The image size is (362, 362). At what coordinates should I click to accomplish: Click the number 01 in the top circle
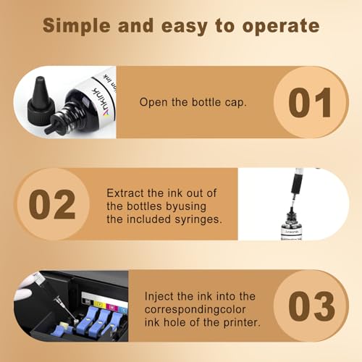309,102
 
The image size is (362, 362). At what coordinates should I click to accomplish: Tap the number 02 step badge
52,204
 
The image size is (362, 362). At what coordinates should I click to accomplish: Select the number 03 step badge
309,306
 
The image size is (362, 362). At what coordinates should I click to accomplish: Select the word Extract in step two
126,193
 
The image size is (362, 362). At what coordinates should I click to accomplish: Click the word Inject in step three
159,295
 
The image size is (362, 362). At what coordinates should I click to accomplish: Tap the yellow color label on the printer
91,297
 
